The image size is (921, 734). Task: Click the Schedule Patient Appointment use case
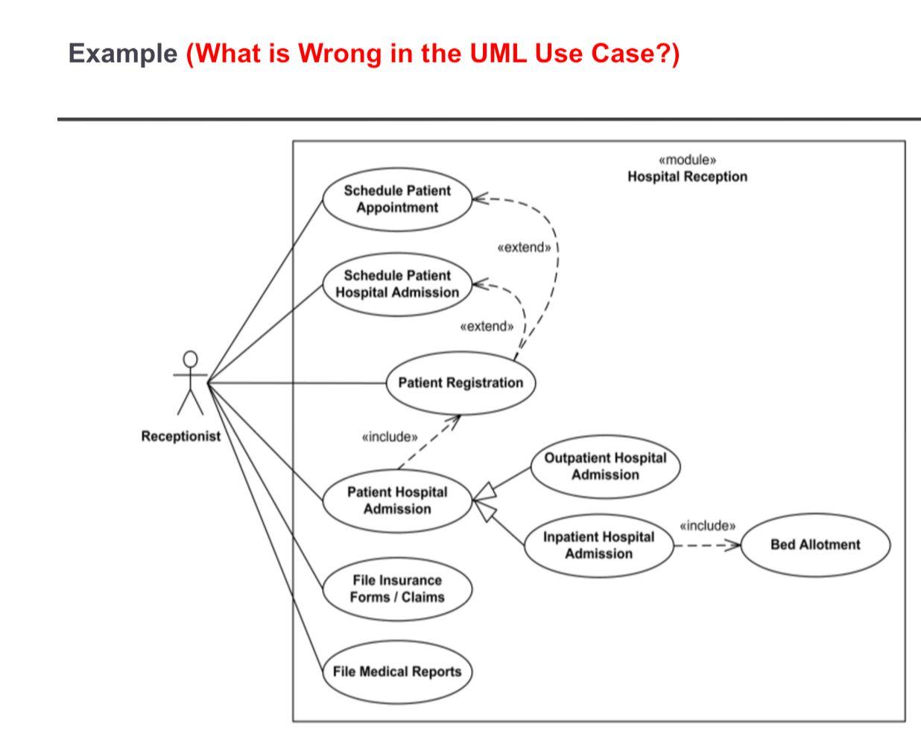tap(397, 199)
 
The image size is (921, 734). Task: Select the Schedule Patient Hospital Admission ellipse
tap(397, 284)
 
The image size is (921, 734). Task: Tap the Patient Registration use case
tap(460, 383)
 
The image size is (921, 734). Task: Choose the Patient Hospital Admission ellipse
tap(397, 501)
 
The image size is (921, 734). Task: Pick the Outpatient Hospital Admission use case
tap(605, 467)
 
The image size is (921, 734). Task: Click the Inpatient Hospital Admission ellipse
tap(598, 545)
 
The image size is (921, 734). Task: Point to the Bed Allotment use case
tap(815, 545)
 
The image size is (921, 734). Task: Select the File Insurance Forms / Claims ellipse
tap(397, 589)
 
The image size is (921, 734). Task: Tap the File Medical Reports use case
tap(397, 671)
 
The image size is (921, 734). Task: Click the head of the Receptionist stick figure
tap(191, 360)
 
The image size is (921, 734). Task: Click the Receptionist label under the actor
tap(181, 436)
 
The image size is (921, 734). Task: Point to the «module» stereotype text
tap(687, 160)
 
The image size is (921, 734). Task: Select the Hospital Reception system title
tap(687, 177)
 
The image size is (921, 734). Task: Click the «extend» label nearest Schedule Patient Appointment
tap(525, 247)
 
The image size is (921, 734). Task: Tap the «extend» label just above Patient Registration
tap(487, 326)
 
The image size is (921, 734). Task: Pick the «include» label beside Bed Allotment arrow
tap(707, 526)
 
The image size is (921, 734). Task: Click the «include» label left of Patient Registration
tap(389, 436)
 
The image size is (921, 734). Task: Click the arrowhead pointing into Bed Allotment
tap(734, 545)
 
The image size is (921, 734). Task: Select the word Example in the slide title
tap(121, 54)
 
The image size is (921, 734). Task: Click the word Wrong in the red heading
tap(343, 54)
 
